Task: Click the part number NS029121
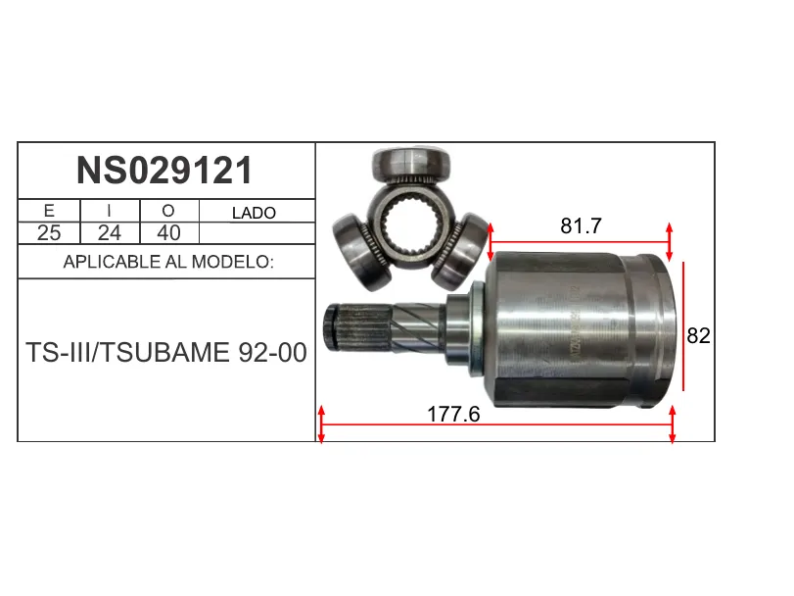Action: click(164, 171)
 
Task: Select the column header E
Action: click(49, 211)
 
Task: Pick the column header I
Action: click(109, 211)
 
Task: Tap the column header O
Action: click(168, 211)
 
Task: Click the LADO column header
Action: click(254, 213)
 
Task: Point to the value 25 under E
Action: click(49, 233)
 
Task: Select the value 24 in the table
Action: click(110, 233)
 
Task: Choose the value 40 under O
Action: click(168, 233)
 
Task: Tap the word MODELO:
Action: click(233, 262)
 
